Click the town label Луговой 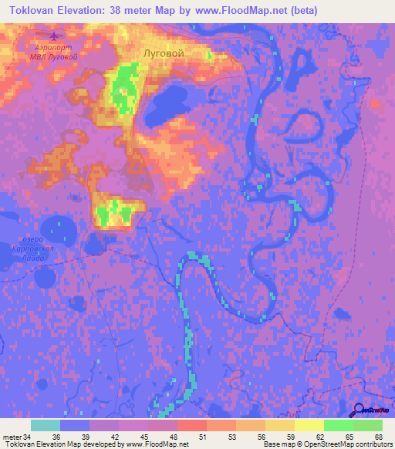[164, 53]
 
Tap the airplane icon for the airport [52, 36]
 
